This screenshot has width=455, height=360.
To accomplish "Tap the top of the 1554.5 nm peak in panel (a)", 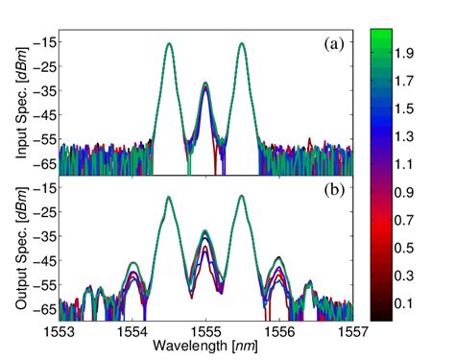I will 169,43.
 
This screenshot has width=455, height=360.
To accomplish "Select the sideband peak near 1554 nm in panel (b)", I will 133,262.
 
